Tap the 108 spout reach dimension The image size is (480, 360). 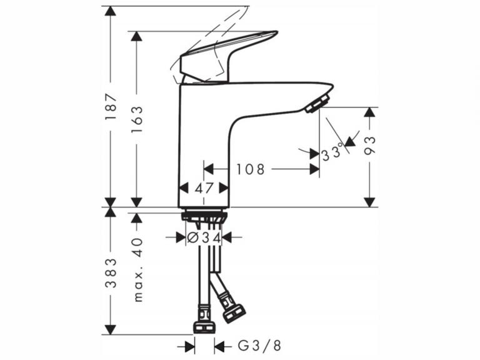pos(250,169)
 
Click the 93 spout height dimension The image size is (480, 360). pos(370,146)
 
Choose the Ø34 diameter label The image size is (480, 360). pos(204,237)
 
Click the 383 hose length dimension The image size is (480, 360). pos(111,272)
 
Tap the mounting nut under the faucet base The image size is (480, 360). pos(203,217)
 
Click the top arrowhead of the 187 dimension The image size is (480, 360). pos(111,12)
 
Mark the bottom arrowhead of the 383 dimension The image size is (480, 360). pos(111,329)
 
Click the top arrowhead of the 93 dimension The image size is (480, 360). pos(370,113)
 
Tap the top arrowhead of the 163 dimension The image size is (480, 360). pos(136,37)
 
